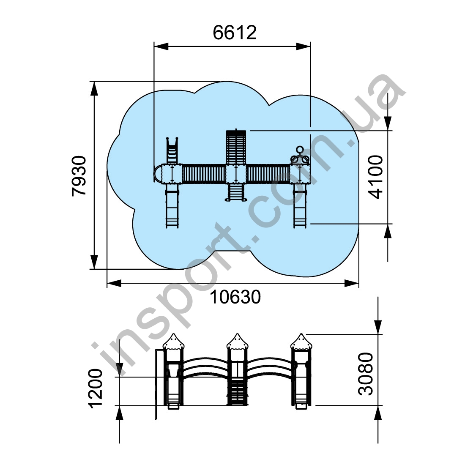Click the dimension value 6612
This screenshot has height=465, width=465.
click(x=235, y=33)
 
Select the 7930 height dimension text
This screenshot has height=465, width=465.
click(x=79, y=175)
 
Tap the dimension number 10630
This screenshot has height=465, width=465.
click(x=235, y=297)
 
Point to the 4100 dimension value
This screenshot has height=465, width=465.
click(x=375, y=177)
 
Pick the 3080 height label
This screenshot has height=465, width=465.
click(x=366, y=374)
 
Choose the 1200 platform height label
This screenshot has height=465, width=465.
click(x=96, y=389)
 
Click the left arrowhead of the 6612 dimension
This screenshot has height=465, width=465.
click(x=161, y=46)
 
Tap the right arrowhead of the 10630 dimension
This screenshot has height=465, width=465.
click(x=352, y=283)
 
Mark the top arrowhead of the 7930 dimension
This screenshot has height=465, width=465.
click(x=94, y=89)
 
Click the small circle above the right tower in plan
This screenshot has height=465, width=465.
click(x=300, y=149)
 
